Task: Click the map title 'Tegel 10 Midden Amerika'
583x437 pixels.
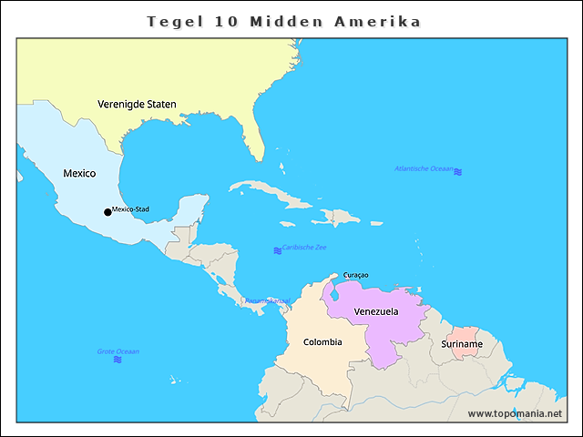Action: (x=284, y=21)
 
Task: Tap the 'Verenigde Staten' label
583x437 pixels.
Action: (x=137, y=104)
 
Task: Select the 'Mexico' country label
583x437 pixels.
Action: (x=79, y=172)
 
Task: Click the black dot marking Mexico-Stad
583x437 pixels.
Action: (x=107, y=212)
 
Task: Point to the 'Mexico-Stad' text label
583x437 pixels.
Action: (x=131, y=209)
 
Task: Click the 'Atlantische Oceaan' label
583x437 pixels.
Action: (x=424, y=168)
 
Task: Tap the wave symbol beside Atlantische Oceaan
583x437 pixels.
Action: (x=458, y=171)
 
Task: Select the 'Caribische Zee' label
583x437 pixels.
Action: (x=304, y=248)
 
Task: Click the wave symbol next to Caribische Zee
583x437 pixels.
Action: (x=278, y=250)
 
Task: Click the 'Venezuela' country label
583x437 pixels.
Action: (x=376, y=311)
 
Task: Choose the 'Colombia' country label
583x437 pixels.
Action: (x=322, y=342)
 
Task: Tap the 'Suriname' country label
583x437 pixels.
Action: (x=462, y=344)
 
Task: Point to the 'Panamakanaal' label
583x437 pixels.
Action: (x=267, y=300)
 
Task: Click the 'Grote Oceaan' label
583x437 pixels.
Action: (x=118, y=351)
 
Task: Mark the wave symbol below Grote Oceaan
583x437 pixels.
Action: (x=118, y=361)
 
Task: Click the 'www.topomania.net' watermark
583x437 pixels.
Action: (x=515, y=413)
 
